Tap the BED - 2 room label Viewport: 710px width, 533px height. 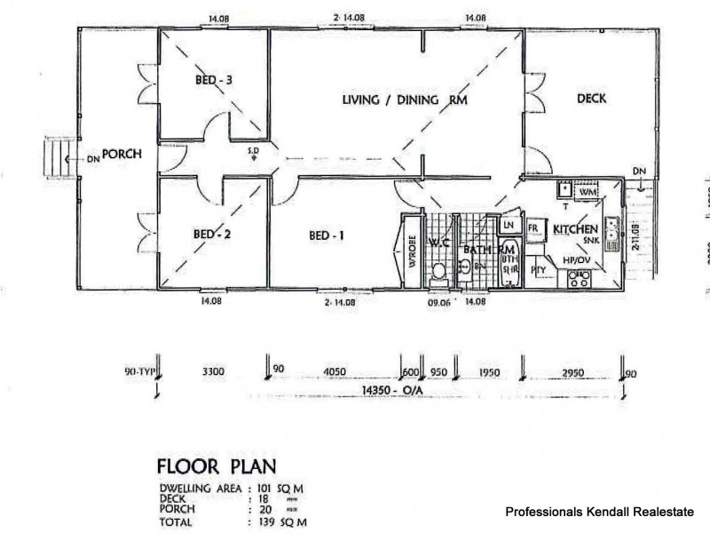(213, 235)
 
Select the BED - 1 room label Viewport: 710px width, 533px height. (326, 235)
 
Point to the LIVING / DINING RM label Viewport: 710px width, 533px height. (404, 100)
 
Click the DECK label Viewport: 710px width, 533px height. (591, 99)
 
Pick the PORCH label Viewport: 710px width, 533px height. (122, 155)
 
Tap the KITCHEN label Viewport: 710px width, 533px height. (576, 229)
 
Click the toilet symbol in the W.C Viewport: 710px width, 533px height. (438, 272)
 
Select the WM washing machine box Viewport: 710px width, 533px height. (588, 190)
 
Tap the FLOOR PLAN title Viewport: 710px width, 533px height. (217, 466)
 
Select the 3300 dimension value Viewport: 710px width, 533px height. (212, 371)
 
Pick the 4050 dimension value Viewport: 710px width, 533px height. (335, 371)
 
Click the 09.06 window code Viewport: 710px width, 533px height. (438, 302)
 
